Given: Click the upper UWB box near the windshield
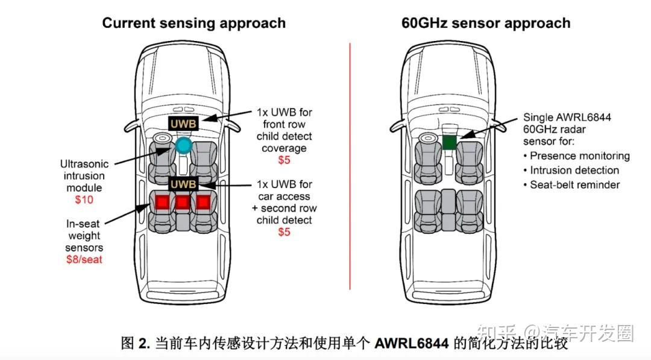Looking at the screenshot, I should pos(183,124).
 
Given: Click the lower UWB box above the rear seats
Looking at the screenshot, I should pos(183,183).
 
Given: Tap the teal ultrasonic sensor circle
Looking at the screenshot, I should pos(184,145).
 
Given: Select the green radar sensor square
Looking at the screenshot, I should pos(450,143).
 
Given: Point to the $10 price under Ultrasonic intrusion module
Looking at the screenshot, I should pos(84,200).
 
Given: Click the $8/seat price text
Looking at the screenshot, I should pos(84,259).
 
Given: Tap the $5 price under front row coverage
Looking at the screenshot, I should pos(284,160).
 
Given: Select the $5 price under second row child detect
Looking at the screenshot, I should pos(284,232).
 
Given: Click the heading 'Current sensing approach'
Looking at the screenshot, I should pos(193,24).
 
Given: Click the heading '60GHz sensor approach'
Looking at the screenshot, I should pos(486,24).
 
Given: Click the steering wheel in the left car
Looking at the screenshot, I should pos(162,139).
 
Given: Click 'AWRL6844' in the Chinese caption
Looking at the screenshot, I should pos(412,344).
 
